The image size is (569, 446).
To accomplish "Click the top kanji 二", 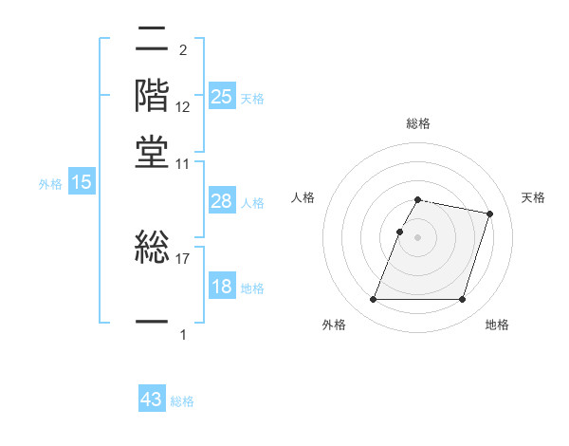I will point(153,40).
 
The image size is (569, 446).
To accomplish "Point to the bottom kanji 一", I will point(153,323).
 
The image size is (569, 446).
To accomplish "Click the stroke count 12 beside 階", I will point(183,107).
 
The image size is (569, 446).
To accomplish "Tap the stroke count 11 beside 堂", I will point(183,164).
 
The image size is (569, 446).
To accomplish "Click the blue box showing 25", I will point(222,97).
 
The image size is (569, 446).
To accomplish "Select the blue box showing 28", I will point(222,201).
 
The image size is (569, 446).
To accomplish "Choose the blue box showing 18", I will point(222,288).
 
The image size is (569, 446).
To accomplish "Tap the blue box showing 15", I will point(82,183).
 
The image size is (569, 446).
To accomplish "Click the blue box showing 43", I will point(152,400).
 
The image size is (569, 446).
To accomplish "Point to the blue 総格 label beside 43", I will point(182,401).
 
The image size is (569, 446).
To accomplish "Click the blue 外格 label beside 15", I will point(50,184).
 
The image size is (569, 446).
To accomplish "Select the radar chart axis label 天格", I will point(533,197).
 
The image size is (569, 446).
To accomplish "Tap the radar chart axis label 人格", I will point(303,197).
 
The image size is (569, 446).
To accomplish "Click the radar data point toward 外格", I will point(373,300).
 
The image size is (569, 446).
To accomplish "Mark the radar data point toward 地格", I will point(462,300).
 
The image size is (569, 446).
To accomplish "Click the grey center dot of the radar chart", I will point(417,237).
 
